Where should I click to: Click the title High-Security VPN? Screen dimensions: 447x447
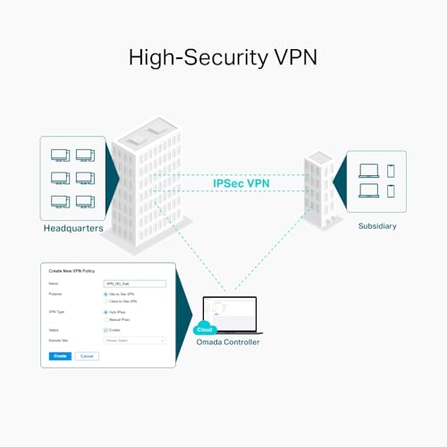(223, 58)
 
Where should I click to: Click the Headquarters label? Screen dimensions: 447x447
(73, 228)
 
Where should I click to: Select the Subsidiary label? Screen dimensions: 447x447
(376, 225)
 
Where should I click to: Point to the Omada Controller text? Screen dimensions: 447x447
(228, 342)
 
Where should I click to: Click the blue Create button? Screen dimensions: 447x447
(59, 356)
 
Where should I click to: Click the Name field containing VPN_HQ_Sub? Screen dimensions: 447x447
(135, 283)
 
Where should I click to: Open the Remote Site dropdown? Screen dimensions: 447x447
(135, 341)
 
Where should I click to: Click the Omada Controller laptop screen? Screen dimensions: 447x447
(231, 313)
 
